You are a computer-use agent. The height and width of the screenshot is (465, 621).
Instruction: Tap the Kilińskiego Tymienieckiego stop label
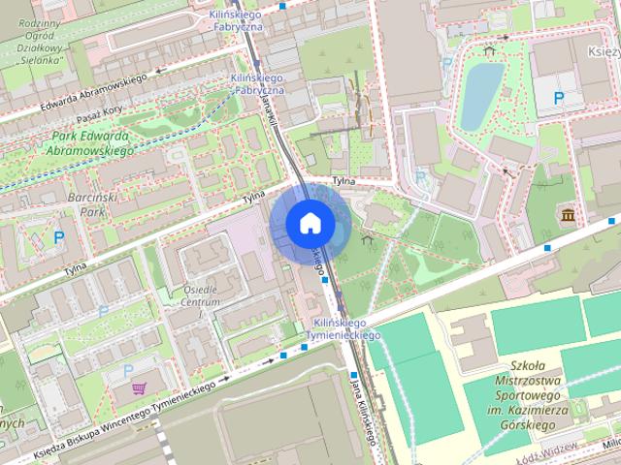(x=340, y=328)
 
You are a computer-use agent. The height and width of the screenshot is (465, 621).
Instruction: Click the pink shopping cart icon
(x=137, y=388)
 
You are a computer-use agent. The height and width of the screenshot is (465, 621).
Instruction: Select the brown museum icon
(x=566, y=213)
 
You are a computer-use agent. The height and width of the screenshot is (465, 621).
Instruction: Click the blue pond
(x=481, y=95)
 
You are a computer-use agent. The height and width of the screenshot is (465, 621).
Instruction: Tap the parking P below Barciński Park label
(x=59, y=236)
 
